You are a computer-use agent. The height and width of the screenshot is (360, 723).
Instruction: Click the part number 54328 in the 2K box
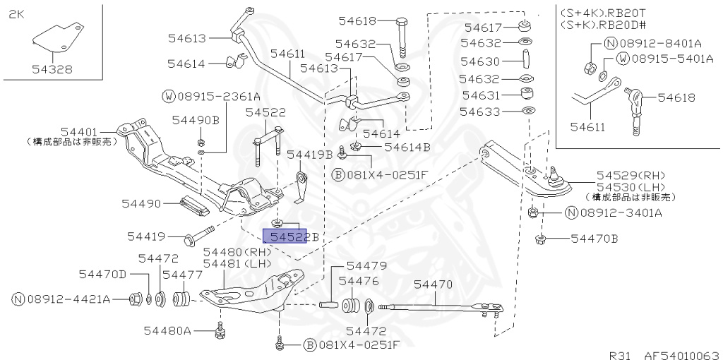(x=52, y=69)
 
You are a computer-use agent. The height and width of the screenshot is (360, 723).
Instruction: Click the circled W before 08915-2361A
(x=169, y=96)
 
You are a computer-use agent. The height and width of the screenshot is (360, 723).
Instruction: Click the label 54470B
(x=594, y=239)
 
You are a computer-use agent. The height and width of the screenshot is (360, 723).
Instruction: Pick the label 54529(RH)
(x=631, y=174)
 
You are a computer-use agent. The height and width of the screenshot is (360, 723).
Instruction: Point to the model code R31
(x=622, y=354)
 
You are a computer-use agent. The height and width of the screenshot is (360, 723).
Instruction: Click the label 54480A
(x=168, y=330)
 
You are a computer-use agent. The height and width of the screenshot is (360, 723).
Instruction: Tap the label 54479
(x=366, y=266)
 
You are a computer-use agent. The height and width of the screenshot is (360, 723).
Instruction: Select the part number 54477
(x=183, y=274)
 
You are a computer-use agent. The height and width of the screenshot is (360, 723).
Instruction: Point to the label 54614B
(x=407, y=148)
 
